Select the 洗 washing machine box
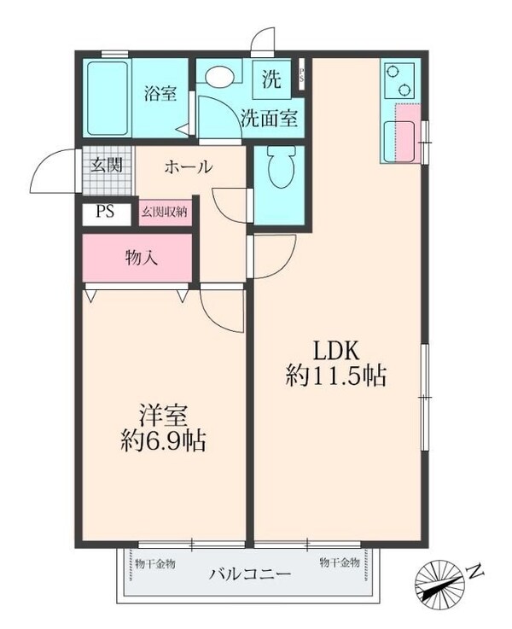[271, 81]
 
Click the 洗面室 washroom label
[269, 119]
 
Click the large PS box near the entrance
[106, 213]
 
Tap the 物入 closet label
[142, 257]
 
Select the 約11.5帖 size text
[336, 376]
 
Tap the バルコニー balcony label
[250, 574]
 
